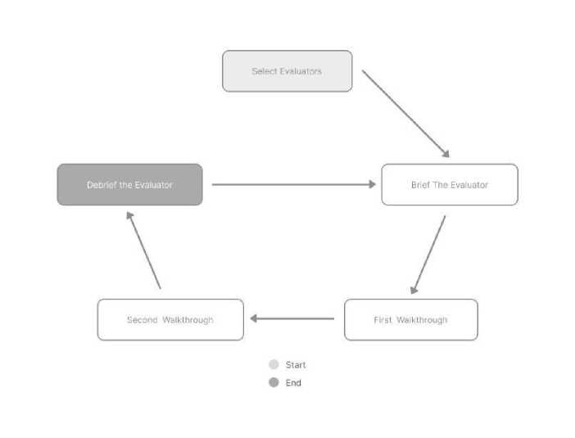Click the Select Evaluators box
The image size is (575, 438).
[287, 71]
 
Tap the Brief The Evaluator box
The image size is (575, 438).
[450, 185]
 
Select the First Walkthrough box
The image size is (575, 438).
[411, 319]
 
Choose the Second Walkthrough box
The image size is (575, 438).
[170, 319]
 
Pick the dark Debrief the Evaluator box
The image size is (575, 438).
[129, 185]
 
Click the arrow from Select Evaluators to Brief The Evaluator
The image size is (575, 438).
[405, 114]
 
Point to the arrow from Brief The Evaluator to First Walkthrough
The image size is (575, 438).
[428, 255]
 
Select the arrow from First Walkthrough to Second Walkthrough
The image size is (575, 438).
[292, 318]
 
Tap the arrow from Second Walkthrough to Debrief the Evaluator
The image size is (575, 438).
[143, 250]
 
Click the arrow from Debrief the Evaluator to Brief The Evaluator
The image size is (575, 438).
[294, 184]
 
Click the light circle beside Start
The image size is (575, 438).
[274, 364]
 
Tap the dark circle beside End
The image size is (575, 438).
[274, 382]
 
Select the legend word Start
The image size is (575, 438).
[296, 364]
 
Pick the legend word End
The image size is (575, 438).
[293, 382]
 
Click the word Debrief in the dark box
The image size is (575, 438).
[102, 185]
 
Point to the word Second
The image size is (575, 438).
[142, 319]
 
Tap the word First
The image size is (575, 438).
[383, 319]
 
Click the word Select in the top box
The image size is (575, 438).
[264, 71]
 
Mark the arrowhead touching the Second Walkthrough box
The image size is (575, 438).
[253, 318]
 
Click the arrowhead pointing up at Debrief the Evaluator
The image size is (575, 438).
[129, 215]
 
